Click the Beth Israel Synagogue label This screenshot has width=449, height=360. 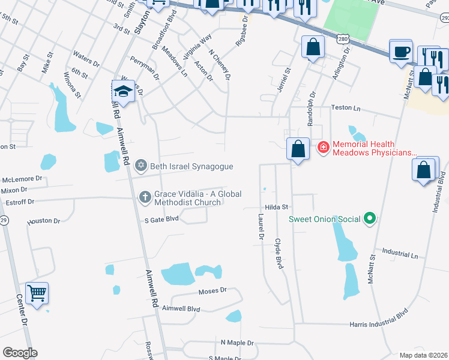pyautogui.click(x=191, y=166)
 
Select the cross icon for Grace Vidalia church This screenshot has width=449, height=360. pyautogui.click(x=144, y=196)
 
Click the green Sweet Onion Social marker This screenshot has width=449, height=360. pyautogui.click(x=370, y=219)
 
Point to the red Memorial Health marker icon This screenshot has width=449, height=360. pyautogui.click(x=323, y=147)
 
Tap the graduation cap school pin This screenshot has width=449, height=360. pyautogui.click(x=122, y=91)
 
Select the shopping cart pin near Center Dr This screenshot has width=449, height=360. pyautogui.click(x=37, y=293)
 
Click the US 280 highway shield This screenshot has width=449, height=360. pyautogui.click(x=343, y=39)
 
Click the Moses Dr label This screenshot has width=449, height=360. pyautogui.click(x=212, y=290)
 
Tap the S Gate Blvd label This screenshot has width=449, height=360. pyautogui.click(x=162, y=220)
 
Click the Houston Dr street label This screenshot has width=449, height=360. pyautogui.click(x=44, y=221)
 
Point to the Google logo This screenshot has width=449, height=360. pyautogui.click(x=20, y=353)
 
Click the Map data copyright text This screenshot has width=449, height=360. pyautogui.click(x=423, y=355)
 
